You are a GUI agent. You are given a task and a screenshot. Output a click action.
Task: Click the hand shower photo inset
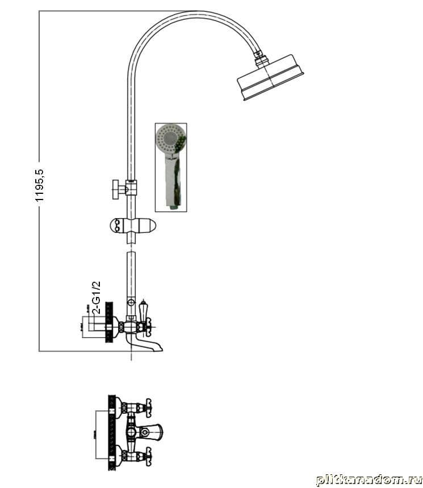pyautogui.click(x=171, y=167)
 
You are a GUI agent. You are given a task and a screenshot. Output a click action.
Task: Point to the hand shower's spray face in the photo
pyautogui.click(x=169, y=138)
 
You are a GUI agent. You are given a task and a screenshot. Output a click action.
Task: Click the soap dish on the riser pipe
pyautogui.click(x=132, y=225)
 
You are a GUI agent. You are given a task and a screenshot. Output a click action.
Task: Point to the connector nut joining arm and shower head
pyautogui.click(x=260, y=58)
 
